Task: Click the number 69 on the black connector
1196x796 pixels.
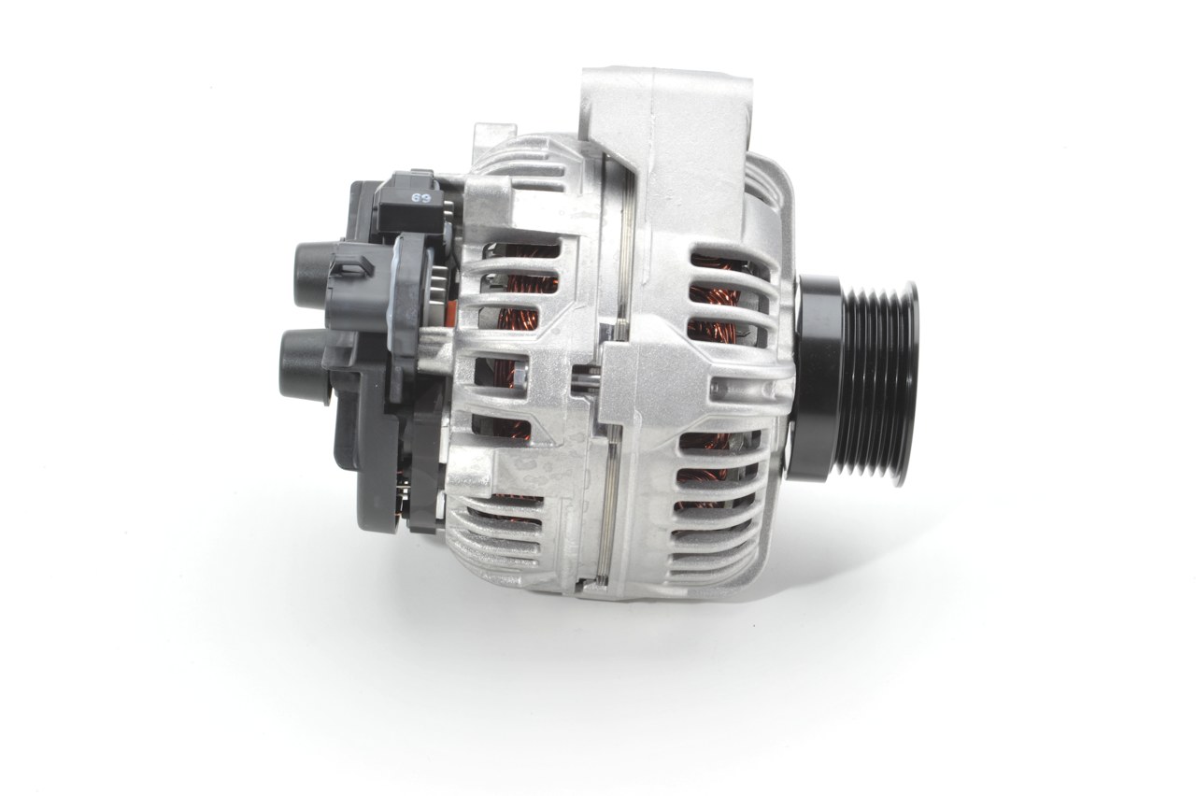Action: [420, 198]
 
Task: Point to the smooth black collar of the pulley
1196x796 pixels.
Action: [814, 377]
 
